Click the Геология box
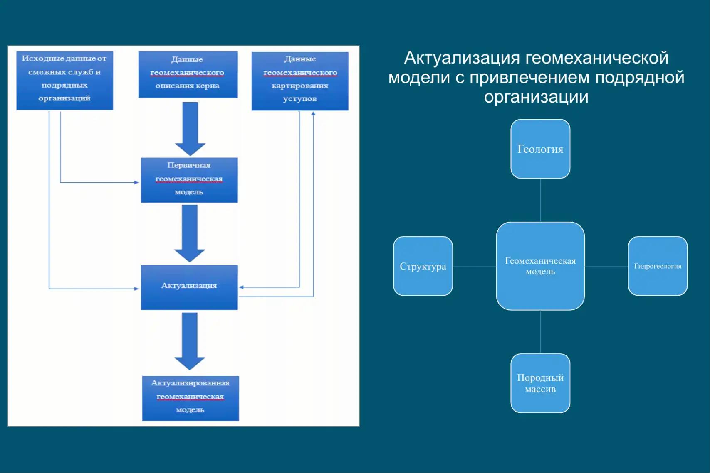coord(540,149)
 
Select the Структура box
coord(423,266)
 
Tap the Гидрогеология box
coord(657,266)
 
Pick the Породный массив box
coord(540,383)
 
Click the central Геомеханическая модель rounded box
coord(540,266)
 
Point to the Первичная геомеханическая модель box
coord(189,180)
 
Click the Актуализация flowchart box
coord(189,287)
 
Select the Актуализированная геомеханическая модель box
coord(190,398)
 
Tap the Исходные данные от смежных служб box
coord(64,80)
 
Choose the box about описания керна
coord(188,74)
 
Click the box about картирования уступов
coord(299,81)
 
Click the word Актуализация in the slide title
coord(462,58)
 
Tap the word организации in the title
coord(536,97)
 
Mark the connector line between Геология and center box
coord(540,200)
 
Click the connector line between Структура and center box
coord(474,266)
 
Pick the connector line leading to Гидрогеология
coord(606,266)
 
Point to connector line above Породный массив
coord(540,332)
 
